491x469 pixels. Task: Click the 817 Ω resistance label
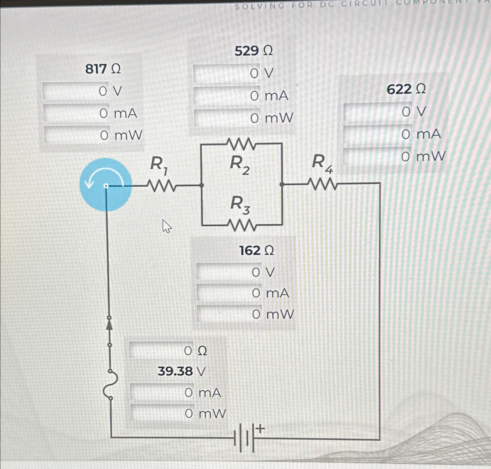pyautogui.click(x=103, y=69)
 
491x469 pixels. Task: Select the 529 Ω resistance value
pyautogui.click(x=254, y=51)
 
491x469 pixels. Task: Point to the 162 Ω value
pyautogui.click(x=256, y=251)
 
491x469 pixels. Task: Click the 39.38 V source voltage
pyautogui.click(x=182, y=371)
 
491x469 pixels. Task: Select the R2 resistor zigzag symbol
pyautogui.click(x=241, y=143)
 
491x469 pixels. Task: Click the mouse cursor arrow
pyautogui.click(x=166, y=226)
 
